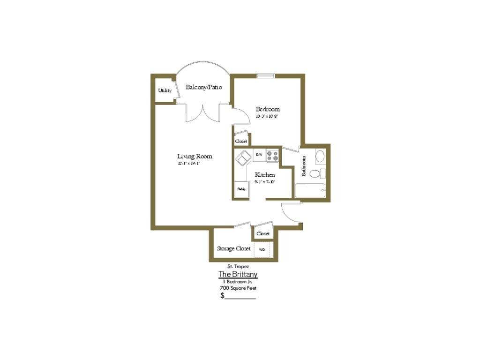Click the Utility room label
tap(165, 90)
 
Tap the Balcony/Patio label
tap(203, 87)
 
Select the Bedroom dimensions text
tap(267, 116)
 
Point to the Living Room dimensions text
tap(189, 164)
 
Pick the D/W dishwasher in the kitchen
tap(259, 155)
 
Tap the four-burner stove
tap(272, 155)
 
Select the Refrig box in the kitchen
tap(241, 189)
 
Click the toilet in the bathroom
tap(316, 173)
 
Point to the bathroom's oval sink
tap(320, 156)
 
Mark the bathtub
tap(309, 191)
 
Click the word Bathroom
tap(304, 165)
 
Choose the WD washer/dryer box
tap(262, 249)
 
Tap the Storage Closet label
tap(233, 248)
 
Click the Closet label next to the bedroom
tap(241, 141)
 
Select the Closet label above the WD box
tap(263, 233)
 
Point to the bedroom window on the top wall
tap(266, 75)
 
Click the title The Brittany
tap(238, 274)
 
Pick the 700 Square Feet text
tap(238, 288)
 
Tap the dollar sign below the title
tap(223, 296)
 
